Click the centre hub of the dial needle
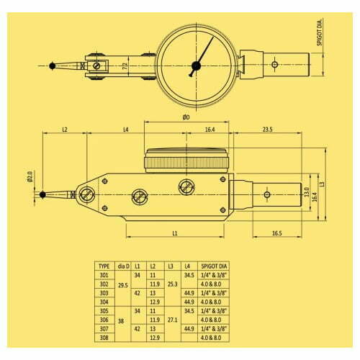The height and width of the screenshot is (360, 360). [195, 66]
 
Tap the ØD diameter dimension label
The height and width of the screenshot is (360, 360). [186, 117]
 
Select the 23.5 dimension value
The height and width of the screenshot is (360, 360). [267, 130]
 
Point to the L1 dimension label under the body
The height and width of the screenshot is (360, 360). [176, 234]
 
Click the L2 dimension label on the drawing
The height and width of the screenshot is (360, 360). [64, 130]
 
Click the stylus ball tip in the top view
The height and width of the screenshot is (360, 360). [53, 66]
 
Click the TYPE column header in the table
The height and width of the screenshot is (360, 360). [105, 266]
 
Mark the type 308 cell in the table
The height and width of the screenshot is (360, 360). [105, 336]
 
